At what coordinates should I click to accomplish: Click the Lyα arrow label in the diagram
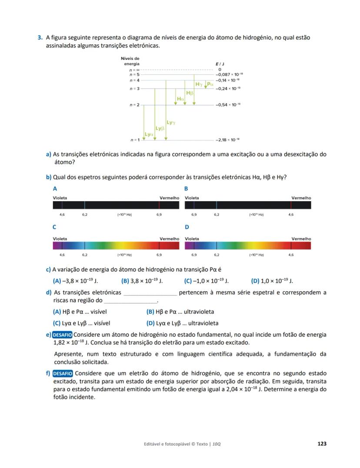pyautogui.click(x=149, y=134)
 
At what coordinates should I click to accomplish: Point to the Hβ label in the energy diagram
pyautogui.click(x=190, y=93)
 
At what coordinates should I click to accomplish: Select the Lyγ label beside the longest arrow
pyautogui.click(x=171, y=123)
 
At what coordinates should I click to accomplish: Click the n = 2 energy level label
pyautogui.click(x=134, y=105)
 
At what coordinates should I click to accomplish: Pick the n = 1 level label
pyautogui.click(x=134, y=140)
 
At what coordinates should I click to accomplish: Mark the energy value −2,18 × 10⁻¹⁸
pyautogui.click(x=228, y=140)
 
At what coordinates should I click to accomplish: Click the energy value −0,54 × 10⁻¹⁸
pyautogui.click(x=228, y=105)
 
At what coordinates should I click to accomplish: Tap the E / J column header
pyautogui.click(x=220, y=64)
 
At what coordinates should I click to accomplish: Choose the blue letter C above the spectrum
pyautogui.click(x=55, y=227)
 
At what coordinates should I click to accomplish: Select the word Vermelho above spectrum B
pyautogui.click(x=301, y=198)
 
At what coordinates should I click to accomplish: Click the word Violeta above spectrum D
pyautogui.click(x=192, y=239)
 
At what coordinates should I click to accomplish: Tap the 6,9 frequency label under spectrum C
pyautogui.click(x=159, y=255)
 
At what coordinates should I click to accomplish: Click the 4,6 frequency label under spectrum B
pyautogui.click(x=291, y=215)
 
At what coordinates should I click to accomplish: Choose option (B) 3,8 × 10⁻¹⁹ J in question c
pyautogui.click(x=142, y=281)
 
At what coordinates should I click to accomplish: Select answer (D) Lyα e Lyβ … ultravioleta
pyautogui.click(x=182, y=323)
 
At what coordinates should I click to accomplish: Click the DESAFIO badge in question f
pyautogui.click(x=63, y=373)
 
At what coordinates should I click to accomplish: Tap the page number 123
pyautogui.click(x=322, y=444)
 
